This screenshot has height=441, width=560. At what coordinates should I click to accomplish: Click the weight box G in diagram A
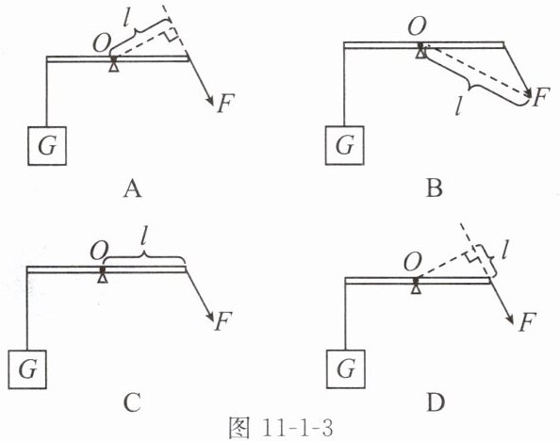coord(47,146)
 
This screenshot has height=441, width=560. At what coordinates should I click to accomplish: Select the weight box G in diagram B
coord(345,145)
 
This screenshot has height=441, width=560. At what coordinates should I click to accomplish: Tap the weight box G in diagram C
coord(27,368)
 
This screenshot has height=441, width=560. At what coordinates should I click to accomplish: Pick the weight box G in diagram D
coord(346,368)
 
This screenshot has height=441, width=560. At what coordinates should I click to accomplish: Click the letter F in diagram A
coord(225,103)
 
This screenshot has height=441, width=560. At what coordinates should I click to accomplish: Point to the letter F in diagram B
coord(539,96)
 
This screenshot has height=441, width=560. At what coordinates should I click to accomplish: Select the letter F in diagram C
coord(223,320)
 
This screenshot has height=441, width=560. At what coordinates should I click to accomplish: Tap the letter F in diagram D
coord(528,322)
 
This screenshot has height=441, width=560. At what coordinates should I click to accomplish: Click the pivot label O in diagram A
coord(102,43)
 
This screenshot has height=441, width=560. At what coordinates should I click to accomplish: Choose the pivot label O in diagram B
coord(417,26)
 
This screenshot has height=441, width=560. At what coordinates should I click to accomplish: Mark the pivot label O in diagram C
coord(99,251)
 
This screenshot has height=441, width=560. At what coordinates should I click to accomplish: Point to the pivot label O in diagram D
coord(413,263)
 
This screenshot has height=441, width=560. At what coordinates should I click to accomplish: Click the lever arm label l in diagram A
coord(125,16)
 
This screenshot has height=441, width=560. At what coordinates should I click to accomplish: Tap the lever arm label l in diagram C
coord(143,236)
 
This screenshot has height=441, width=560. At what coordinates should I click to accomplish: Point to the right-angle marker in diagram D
coord(470,255)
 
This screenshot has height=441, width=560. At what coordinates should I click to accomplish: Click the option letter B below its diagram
coord(435,188)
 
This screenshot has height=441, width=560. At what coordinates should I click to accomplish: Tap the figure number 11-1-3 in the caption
coord(297,428)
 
